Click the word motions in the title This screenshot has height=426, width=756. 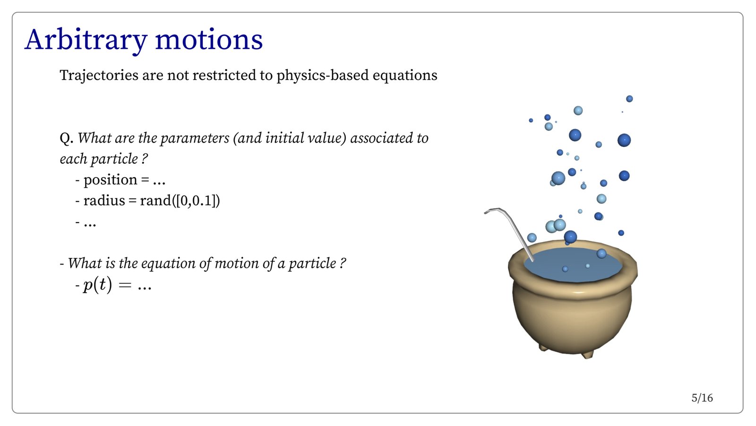point(209,40)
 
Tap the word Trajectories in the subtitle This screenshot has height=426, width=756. point(99,75)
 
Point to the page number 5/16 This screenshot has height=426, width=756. point(702,398)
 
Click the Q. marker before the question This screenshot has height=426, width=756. point(67,138)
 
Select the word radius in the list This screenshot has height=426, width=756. point(104,201)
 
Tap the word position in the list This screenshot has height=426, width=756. point(111,180)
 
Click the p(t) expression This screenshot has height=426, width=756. point(97,285)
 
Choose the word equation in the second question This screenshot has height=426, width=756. point(168,264)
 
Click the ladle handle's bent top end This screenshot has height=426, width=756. point(485,213)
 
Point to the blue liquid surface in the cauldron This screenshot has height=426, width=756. point(573,265)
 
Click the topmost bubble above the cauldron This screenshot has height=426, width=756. point(629,99)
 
